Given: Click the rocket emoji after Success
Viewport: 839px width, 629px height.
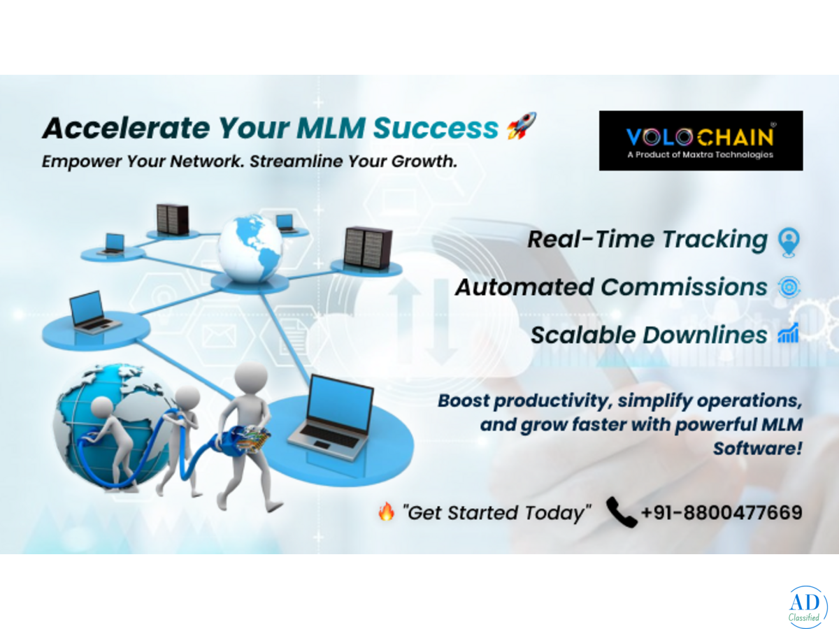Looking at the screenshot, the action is pos(521,126).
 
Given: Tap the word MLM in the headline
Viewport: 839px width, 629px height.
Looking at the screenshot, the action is pos(331,128).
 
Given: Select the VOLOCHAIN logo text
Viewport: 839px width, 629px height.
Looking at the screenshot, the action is pos(699,137).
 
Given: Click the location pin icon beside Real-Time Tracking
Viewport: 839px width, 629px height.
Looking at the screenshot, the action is pos(789,242).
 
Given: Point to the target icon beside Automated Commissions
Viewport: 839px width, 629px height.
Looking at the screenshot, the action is pos(789,287).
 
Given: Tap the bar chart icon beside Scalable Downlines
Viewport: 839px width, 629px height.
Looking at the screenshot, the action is pos(788,333).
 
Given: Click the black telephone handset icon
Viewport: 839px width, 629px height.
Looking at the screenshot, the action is pos(622,512).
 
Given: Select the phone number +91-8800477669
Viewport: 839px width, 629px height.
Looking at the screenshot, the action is pos(722,512).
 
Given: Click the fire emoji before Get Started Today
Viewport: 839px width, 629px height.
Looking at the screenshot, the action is pos(387,512).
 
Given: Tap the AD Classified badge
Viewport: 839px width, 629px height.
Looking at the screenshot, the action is pos(808,607).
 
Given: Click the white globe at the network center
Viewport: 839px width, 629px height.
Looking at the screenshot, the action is pos(250,249).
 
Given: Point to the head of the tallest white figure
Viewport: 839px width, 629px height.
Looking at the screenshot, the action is pos(250,376).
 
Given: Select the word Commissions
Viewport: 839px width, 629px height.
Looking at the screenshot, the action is pos(684,287).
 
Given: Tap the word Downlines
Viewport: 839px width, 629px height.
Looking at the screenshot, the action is pos(705,335).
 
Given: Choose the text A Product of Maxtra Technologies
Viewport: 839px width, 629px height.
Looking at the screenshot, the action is pos(701,154).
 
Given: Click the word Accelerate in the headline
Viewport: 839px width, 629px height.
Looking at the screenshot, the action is pos(126,128).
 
